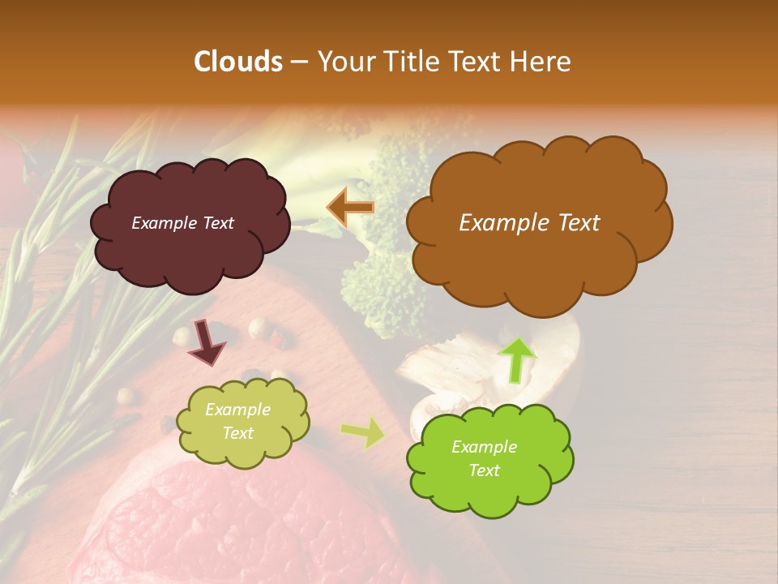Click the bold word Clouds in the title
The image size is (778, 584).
pos(238,62)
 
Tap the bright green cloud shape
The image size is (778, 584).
pos(489,490)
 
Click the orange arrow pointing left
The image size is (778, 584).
pos(350,208)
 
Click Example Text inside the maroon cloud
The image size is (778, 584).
pos(182,223)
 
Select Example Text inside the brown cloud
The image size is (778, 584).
pos(529,223)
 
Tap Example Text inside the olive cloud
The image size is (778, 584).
pos(237,421)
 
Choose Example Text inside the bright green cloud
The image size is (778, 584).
pos(484,458)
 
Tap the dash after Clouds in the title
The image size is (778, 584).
pos(298,62)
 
